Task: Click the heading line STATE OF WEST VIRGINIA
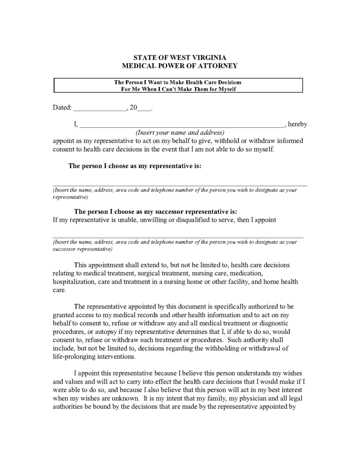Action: pos(179,58)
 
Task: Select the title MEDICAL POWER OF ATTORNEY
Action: pos(179,66)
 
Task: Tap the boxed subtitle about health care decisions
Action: pos(178,86)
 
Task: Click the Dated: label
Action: pos(62,108)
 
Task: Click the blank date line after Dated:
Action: pos(100,110)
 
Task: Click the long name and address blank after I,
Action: pos(182,126)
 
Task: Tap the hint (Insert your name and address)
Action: pos(180,132)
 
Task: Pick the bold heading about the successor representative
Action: pos(155,212)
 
